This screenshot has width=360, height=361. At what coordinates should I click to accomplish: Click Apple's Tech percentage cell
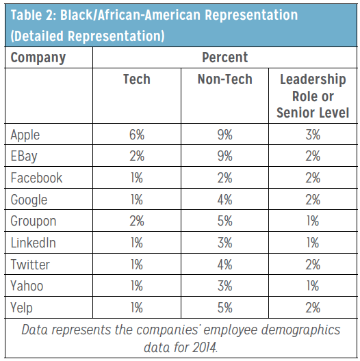coord(137,135)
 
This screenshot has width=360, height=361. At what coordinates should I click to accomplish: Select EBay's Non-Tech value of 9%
coord(224,156)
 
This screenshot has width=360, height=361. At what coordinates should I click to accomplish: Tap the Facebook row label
coord(36,178)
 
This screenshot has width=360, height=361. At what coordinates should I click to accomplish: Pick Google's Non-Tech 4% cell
coord(224,200)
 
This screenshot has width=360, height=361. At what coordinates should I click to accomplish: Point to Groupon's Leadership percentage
coord(313,221)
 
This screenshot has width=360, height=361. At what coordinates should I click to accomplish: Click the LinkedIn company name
coord(33,243)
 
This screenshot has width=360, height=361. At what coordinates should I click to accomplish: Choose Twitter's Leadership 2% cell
coord(313,265)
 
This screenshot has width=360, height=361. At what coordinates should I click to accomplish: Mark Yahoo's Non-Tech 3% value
coord(224,286)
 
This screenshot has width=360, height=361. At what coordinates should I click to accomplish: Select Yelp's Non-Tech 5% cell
coord(224,308)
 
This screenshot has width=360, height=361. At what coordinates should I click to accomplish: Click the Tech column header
coord(137,79)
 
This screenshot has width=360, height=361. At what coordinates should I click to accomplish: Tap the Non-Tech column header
coord(225,79)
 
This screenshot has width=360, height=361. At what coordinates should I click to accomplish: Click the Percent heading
coord(225,57)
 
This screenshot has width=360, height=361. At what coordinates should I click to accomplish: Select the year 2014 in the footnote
coord(205,347)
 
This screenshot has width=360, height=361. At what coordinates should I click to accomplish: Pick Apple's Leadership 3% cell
coord(313,135)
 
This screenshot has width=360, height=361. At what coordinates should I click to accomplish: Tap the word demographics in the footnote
coord(300,330)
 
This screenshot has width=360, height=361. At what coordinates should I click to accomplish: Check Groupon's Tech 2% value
coord(137,221)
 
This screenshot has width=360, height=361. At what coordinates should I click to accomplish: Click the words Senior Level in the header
coord(313,113)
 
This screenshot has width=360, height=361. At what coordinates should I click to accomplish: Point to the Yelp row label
coord(21,308)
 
